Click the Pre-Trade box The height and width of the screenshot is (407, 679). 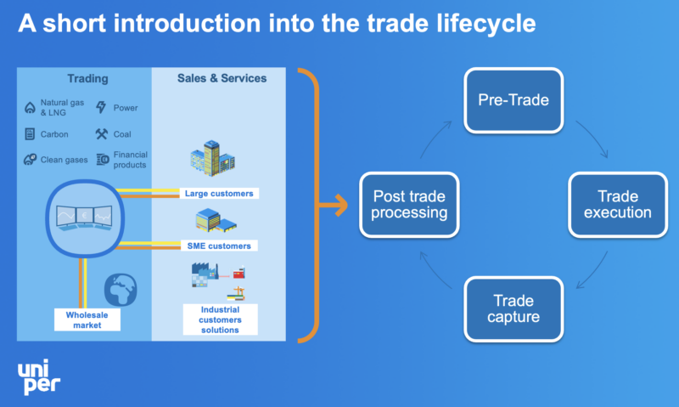tap(513, 100)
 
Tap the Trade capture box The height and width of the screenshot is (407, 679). tap(513, 309)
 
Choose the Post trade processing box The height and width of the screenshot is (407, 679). tap(410, 204)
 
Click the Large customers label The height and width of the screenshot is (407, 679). tap(218, 194)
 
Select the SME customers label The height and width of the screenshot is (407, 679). tap(218, 246)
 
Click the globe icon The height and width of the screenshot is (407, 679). tap(121, 289)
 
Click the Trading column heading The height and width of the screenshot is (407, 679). tap(87, 79)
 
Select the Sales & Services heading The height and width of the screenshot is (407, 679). tap(222, 79)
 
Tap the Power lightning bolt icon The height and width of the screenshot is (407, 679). tap(101, 108)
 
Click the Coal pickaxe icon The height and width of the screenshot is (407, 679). tap(101, 133)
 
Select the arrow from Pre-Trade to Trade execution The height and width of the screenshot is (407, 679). tap(592, 138)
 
